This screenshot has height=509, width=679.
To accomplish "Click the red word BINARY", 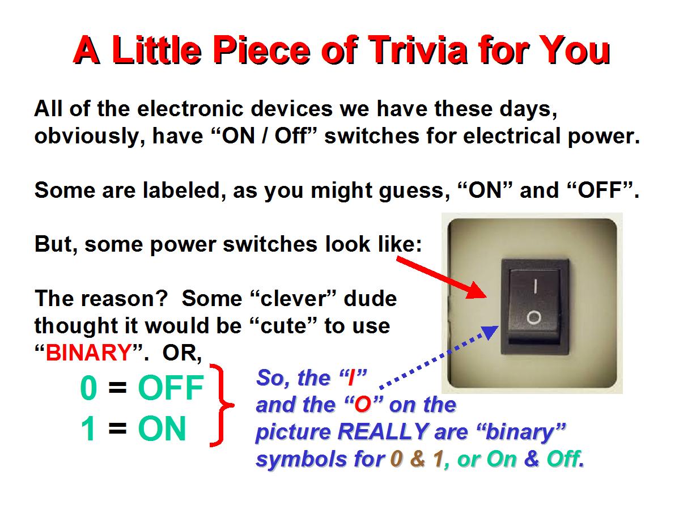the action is tap(89, 353).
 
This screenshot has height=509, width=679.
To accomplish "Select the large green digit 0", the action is tap(89, 388).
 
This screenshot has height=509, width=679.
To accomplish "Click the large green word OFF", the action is tap(171, 388).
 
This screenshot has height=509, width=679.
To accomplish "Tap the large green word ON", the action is tap(162, 429).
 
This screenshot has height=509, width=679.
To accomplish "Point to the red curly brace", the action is tap(222, 406).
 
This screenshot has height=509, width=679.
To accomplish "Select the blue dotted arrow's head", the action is tap(490, 332).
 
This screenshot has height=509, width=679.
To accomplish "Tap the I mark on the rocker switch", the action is tap(536, 286).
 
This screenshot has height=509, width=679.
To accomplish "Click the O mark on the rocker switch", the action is tap(534, 318).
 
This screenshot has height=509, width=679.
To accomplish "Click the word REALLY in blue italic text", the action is tap(383, 432).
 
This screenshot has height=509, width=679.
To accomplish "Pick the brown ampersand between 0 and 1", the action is tap(418, 459).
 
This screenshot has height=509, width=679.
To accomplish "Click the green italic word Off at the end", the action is tap(563, 459).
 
